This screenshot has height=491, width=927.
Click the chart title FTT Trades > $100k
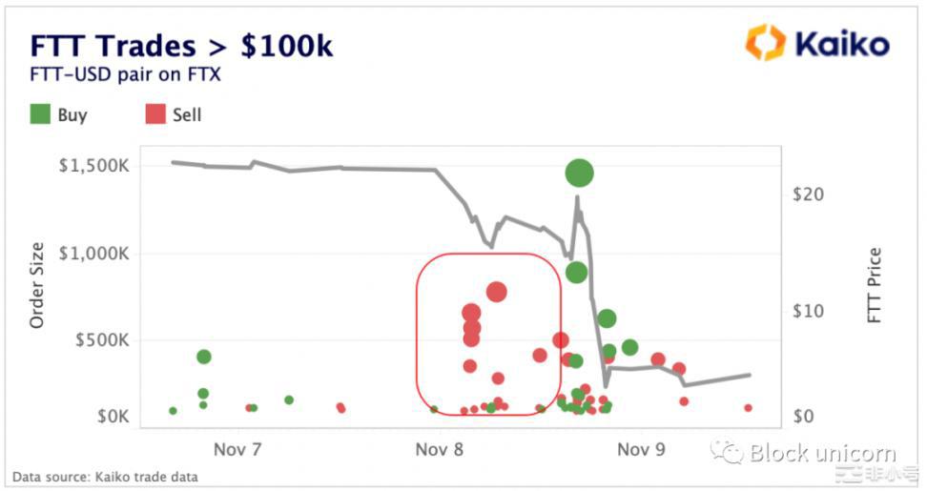click(181, 46)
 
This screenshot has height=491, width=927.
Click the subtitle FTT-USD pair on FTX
click(125, 73)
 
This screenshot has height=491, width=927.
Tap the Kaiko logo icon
click(765, 43)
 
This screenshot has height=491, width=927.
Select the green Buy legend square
click(40, 114)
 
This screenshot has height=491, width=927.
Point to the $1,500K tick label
click(94, 166)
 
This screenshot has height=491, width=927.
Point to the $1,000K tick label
click(94, 254)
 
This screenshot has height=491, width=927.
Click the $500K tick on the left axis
click(101, 340)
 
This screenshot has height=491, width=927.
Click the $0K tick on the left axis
click(111, 417)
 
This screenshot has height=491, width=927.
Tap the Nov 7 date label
click(237, 448)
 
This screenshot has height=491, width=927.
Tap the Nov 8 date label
click(440, 448)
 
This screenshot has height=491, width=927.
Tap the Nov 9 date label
click(641, 448)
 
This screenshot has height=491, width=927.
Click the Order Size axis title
click(37, 287)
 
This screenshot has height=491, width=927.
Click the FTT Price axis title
click(875, 285)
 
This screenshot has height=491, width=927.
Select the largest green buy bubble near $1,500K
click(579, 173)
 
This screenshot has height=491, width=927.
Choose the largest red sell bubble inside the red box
click(496, 292)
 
